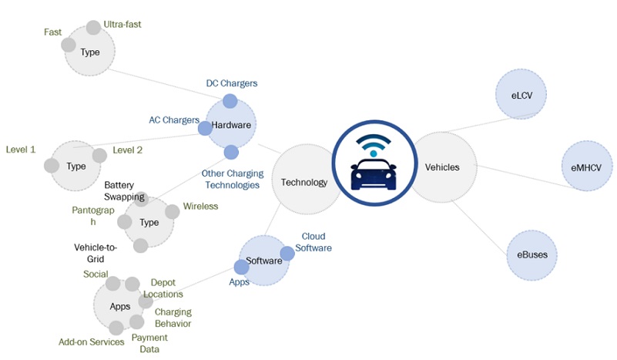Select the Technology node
[x=304, y=183]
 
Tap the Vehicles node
[x=442, y=167]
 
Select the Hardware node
[x=230, y=124]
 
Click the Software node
[x=264, y=261]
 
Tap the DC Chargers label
[x=232, y=82]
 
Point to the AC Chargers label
[x=173, y=120]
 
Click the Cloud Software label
[x=317, y=242]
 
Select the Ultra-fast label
[x=122, y=25]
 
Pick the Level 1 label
[x=21, y=149]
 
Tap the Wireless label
[x=200, y=207]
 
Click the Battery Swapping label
[x=124, y=191]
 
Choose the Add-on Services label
[x=92, y=341]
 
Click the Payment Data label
[x=149, y=343]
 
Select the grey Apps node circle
[x=120, y=306]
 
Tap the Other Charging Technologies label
[x=230, y=179]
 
